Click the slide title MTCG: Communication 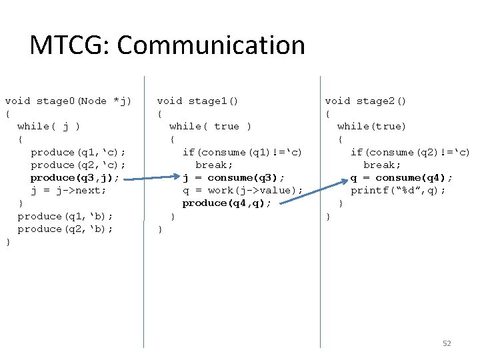coord(167,45)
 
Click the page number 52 coord(447,343)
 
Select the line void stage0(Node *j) coord(68,101)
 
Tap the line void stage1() coord(197,101)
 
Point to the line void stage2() coord(365,101)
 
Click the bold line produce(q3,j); coord(75,177)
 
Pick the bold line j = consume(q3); coord(234,177)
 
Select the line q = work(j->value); coord(243,190)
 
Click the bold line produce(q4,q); coord(227,203)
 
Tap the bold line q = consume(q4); coord(402,177)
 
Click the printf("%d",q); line coord(399,190)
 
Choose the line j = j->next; coord(69,190)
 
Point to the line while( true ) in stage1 coord(210,126)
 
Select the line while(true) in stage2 coord(371,126)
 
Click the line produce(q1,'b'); coord(65,216)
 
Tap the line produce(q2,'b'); coord(65,229)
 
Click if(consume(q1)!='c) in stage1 coord(242,152)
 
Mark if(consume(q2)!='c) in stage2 coord(410,152)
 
